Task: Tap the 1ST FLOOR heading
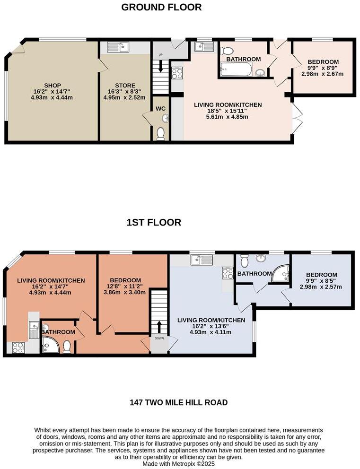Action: click(x=154, y=222)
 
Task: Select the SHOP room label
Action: click(x=53, y=85)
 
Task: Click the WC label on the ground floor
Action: click(x=160, y=109)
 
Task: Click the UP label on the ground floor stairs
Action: click(x=161, y=55)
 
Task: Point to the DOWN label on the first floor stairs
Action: click(x=158, y=339)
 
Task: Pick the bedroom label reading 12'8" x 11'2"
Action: click(x=125, y=287)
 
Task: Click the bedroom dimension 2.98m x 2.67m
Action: click(x=323, y=74)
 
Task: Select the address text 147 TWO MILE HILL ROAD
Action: click(x=179, y=403)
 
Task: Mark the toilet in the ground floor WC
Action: click(x=160, y=133)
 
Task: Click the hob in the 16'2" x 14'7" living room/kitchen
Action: click(x=18, y=348)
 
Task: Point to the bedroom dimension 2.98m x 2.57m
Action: click(x=321, y=287)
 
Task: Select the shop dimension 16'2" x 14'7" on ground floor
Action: click(x=53, y=91)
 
